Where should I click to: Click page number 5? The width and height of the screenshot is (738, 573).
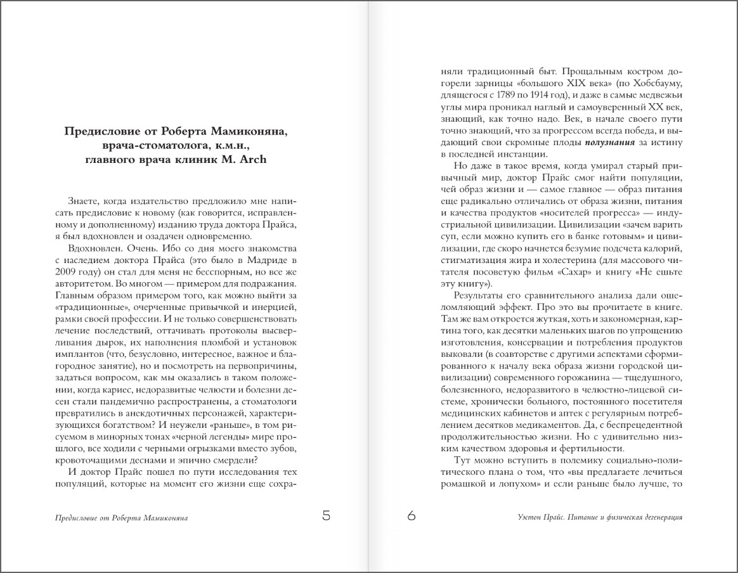click(326, 516)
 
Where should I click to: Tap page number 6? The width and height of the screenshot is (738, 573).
click(411, 516)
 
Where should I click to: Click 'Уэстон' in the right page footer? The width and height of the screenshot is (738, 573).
click(529, 517)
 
